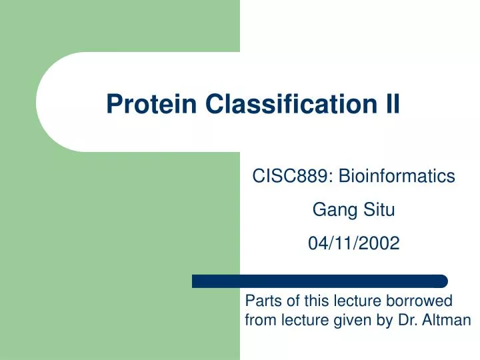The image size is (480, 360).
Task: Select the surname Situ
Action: [379, 211]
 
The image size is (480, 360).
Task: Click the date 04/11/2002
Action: [353, 245]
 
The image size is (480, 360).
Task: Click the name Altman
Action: [449, 321]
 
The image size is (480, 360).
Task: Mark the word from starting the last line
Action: [259, 321]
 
